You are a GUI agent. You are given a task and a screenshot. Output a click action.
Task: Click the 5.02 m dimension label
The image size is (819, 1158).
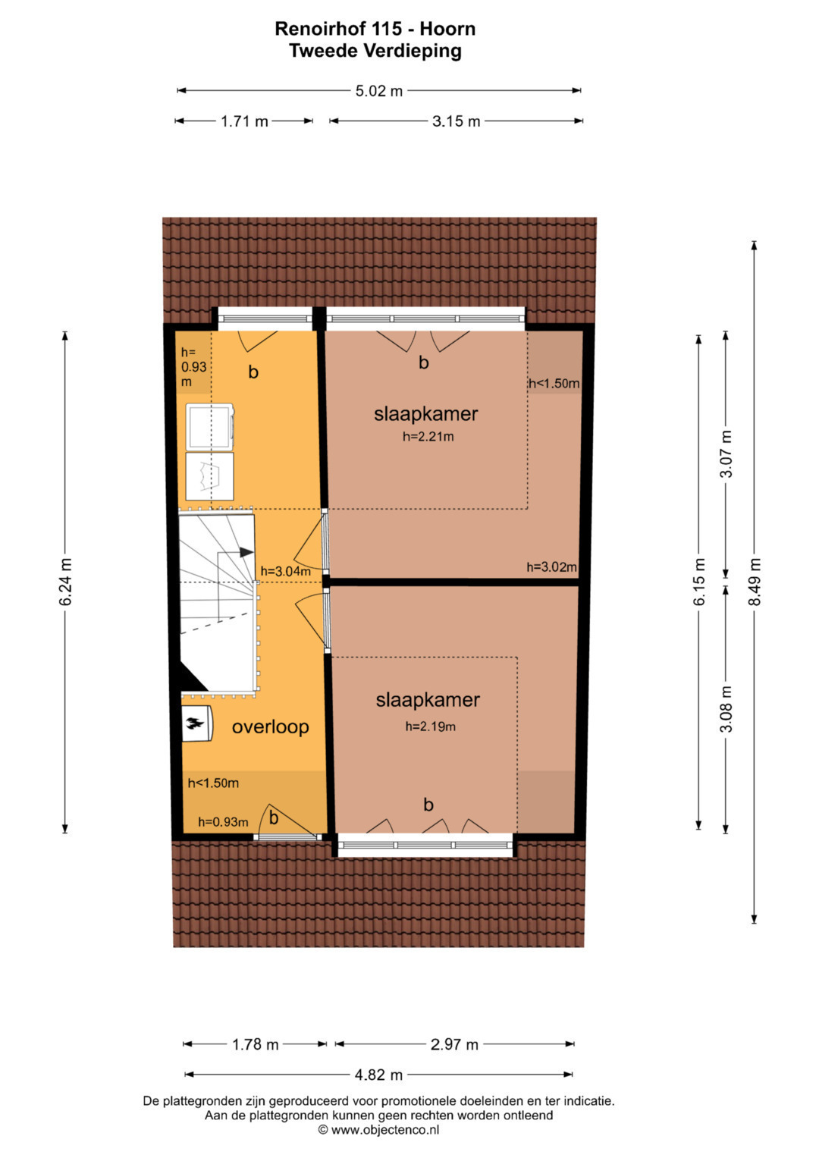[x=378, y=91]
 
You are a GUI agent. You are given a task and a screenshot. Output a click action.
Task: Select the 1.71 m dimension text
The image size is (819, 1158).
[x=244, y=121]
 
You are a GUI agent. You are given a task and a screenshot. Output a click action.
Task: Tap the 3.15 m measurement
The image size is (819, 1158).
[x=456, y=121]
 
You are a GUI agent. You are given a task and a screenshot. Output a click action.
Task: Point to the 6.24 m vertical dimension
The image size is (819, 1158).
[x=66, y=582]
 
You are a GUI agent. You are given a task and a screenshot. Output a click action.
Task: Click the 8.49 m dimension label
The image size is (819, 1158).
[x=755, y=582]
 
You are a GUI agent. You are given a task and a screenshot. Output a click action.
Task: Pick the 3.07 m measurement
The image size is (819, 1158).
[x=727, y=453]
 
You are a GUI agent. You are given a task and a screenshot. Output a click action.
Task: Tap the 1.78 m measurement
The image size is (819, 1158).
[x=256, y=1045]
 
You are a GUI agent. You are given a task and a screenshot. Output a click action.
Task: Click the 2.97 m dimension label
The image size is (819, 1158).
[x=454, y=1045]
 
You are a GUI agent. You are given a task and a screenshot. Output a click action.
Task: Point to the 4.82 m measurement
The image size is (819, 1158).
[x=378, y=1075]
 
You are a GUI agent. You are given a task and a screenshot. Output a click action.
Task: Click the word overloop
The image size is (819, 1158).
[x=271, y=726]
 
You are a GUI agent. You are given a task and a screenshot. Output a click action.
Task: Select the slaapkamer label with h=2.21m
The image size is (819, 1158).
[x=426, y=414]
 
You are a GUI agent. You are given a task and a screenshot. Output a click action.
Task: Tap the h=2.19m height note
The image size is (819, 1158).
[x=430, y=726]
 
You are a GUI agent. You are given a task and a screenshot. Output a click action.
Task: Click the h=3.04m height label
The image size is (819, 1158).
[x=285, y=571]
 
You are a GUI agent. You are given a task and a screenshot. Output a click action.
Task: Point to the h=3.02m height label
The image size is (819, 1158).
[x=552, y=567]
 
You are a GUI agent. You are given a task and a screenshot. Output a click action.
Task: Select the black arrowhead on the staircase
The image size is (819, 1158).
[x=246, y=552]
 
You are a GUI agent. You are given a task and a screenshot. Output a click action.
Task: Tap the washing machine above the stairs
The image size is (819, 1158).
[x=209, y=427]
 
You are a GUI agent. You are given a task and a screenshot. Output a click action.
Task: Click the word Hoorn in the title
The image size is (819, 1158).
[x=447, y=29]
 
